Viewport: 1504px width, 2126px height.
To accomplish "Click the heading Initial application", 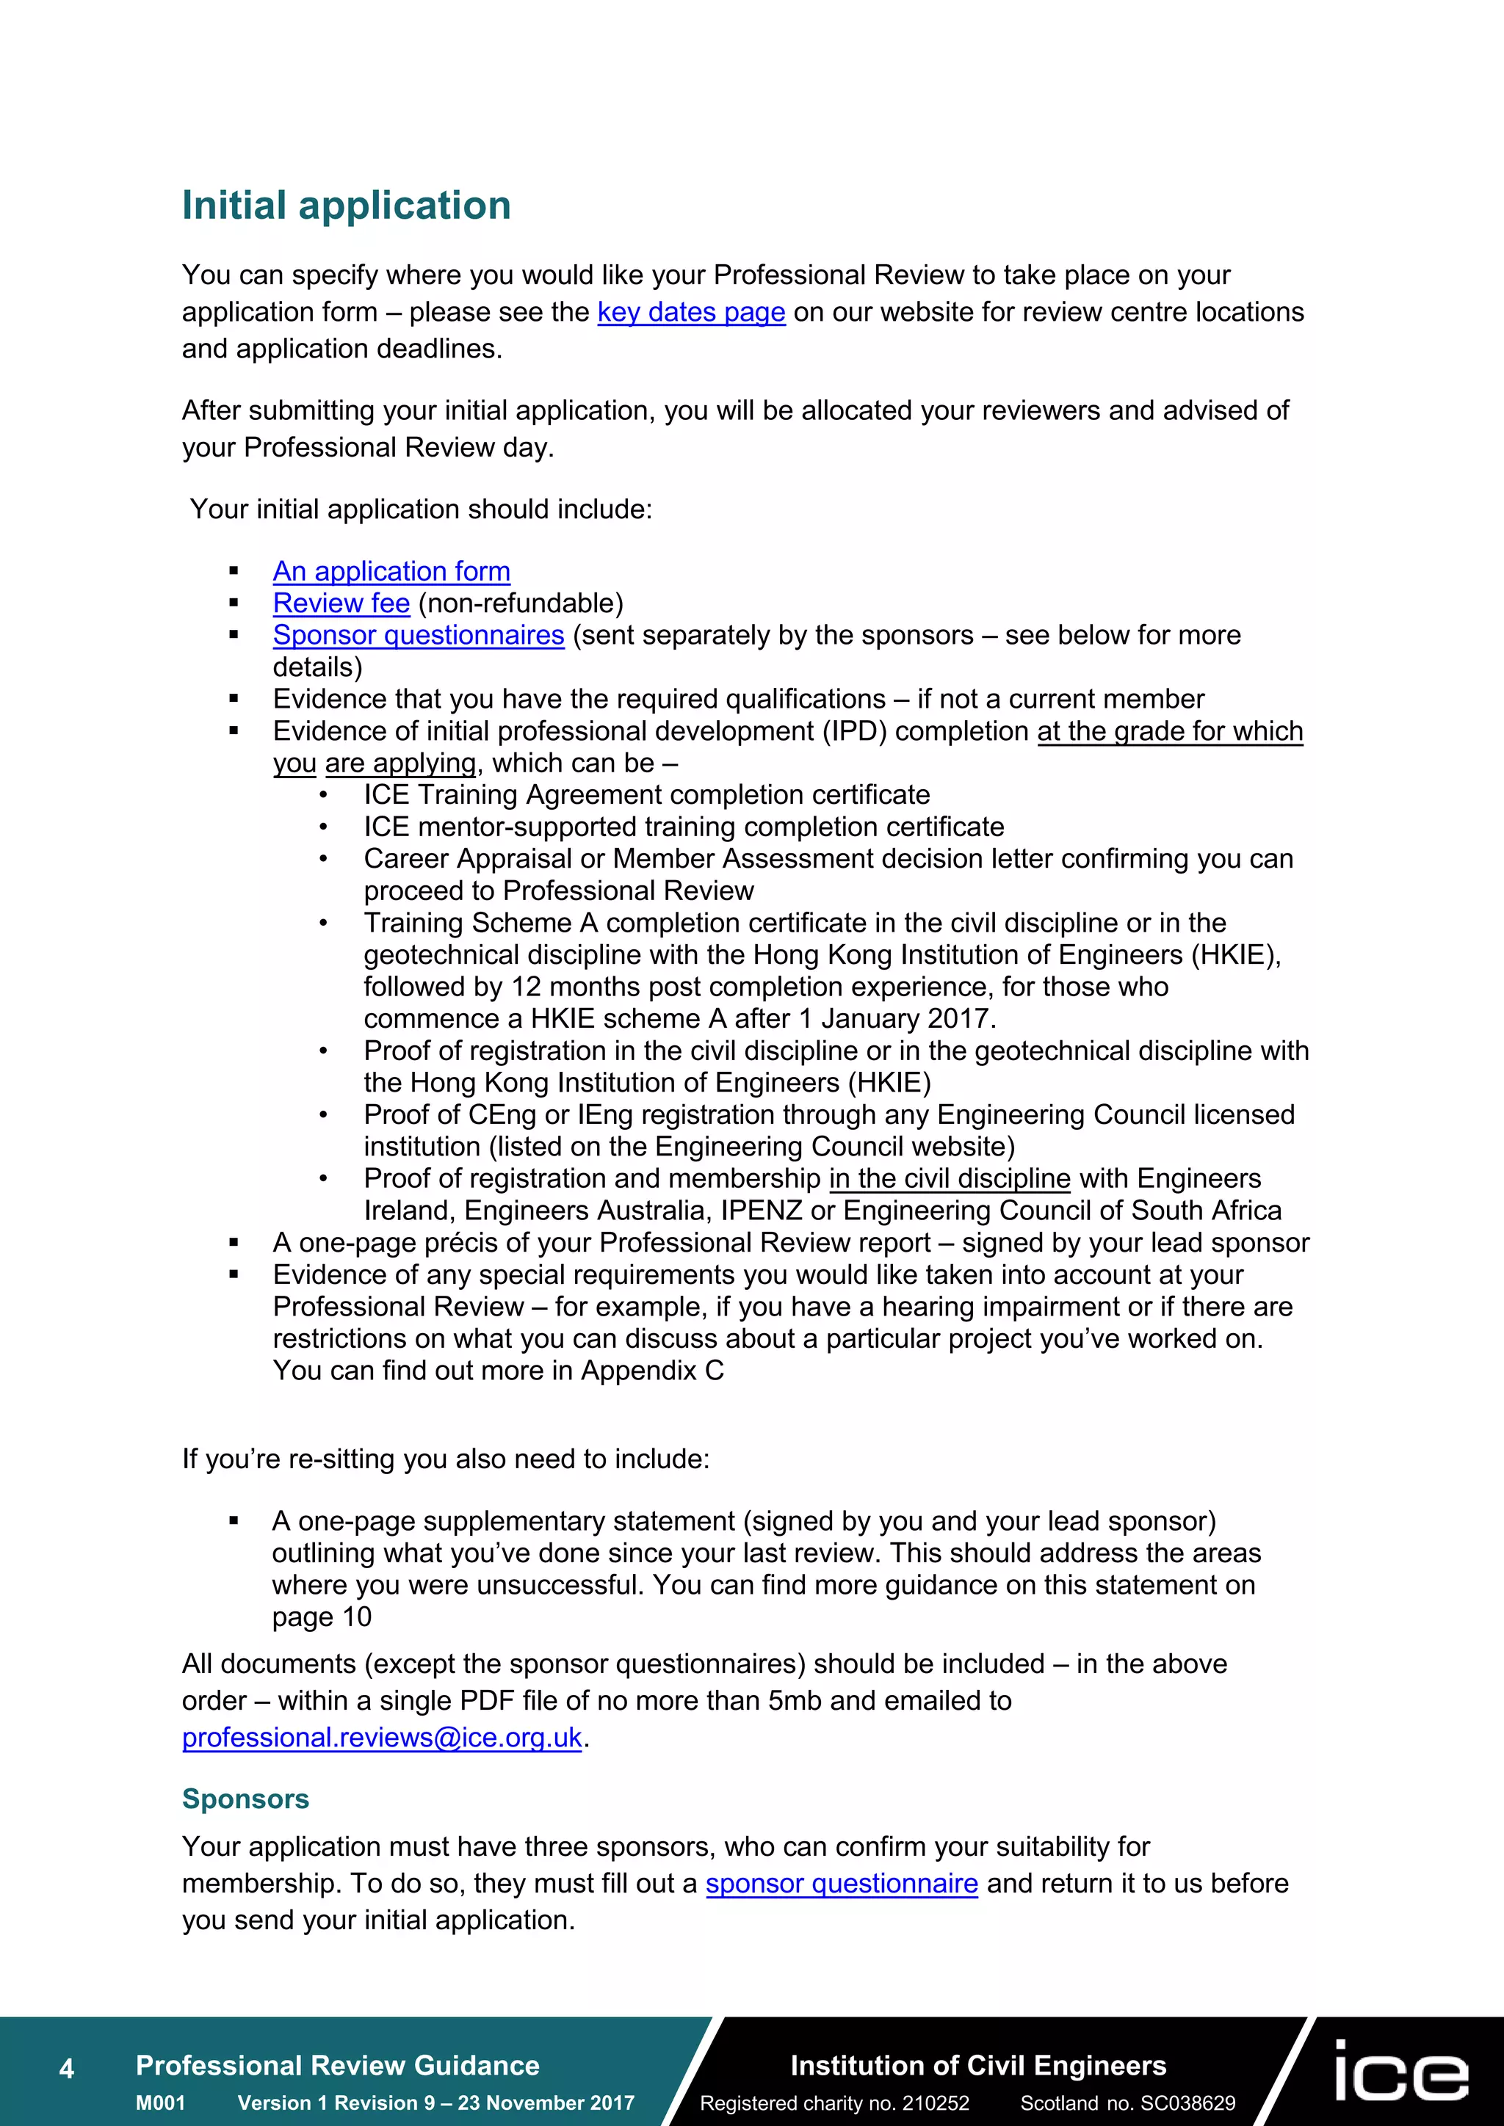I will (347, 206).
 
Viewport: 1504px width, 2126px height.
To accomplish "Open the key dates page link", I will (691, 313).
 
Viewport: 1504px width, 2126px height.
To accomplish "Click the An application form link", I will (391, 571).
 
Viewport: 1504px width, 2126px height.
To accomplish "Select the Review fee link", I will (341, 603).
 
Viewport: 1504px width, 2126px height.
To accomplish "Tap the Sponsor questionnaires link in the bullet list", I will (418, 635).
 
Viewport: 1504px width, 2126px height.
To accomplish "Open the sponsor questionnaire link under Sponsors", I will (841, 1884).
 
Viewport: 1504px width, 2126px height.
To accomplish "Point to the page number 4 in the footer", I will (67, 2068).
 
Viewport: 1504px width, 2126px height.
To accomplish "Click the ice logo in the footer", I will (1400, 2070).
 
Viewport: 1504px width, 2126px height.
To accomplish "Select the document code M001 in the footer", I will (160, 2103).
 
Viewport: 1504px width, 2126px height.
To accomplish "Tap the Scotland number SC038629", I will (1187, 2103).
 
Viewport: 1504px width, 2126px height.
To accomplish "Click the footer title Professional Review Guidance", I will (337, 2065).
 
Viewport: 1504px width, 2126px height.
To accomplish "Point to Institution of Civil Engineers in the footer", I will (978, 2065).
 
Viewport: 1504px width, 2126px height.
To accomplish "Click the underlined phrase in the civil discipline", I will (950, 1179).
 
